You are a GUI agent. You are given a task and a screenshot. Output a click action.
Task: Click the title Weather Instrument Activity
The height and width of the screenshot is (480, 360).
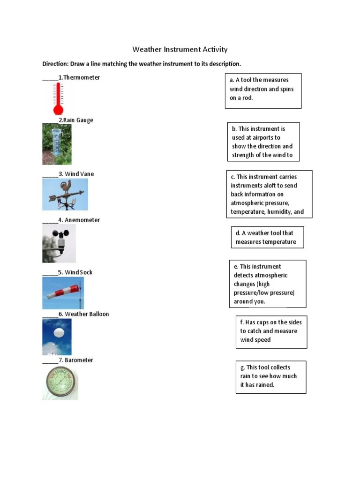tap(180, 49)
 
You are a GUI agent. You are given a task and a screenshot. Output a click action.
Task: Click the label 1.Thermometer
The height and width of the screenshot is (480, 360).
tap(79, 77)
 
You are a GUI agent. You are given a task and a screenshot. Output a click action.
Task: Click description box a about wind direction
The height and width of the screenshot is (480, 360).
tap(263, 90)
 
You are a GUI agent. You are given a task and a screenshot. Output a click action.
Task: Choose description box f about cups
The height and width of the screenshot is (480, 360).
tap(271, 331)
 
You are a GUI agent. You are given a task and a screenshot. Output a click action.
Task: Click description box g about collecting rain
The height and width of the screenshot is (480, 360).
tap(270, 376)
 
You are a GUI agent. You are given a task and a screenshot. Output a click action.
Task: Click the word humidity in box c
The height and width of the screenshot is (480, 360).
tap(279, 212)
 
